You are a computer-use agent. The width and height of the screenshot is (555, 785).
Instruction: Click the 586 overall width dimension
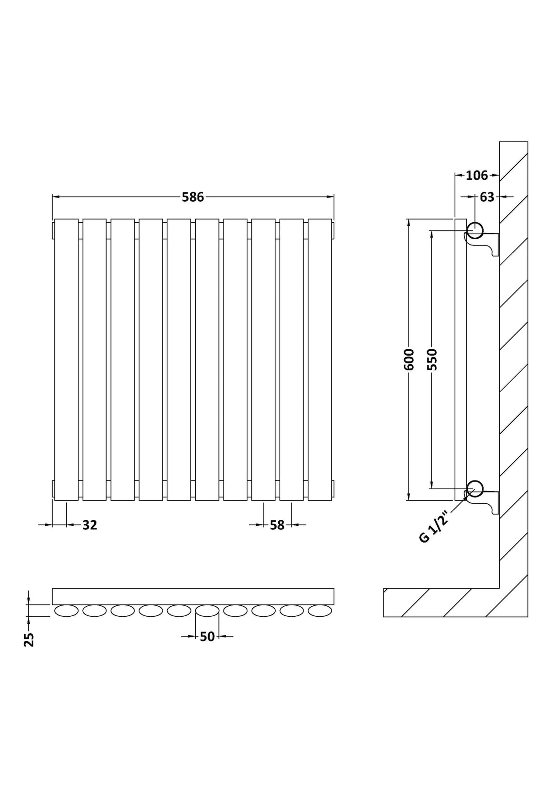point(192,197)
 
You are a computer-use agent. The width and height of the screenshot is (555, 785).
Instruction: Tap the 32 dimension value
point(90,525)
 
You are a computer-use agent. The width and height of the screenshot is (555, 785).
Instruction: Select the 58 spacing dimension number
point(277,525)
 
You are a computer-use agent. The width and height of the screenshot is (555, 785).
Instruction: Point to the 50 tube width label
point(207,636)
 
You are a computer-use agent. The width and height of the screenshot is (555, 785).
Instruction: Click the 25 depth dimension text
point(29,640)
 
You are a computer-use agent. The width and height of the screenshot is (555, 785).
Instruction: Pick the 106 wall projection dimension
point(476,175)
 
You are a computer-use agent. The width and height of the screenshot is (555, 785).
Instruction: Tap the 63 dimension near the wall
point(487,197)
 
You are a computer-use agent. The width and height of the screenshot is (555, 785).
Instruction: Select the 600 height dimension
point(409,359)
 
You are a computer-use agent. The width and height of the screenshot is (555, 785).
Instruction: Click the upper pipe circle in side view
point(475,230)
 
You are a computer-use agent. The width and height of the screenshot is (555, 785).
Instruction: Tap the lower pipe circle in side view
point(475,488)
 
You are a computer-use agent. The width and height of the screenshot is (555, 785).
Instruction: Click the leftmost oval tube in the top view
point(66,611)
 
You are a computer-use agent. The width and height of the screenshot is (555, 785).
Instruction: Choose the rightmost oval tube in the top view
point(320,611)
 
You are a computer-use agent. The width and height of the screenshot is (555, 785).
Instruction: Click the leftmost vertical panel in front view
point(66,359)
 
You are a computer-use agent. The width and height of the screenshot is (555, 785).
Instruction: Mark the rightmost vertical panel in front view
point(320,359)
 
